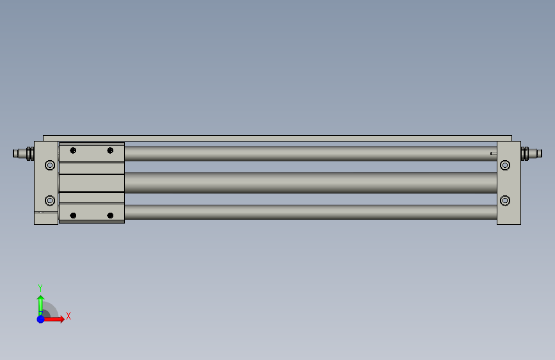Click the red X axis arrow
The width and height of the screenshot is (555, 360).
(x=56, y=319)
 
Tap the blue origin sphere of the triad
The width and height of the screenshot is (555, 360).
(x=40, y=319)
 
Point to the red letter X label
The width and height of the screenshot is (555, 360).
(x=68, y=316)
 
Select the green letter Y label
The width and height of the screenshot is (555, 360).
(x=40, y=288)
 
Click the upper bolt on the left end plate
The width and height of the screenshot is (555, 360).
(x=50, y=165)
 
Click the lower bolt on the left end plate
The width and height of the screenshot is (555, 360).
(x=50, y=200)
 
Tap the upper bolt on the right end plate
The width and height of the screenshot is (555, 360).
(x=505, y=165)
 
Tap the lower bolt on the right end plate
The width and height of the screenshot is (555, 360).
(x=505, y=200)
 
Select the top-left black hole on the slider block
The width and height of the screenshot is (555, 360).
(x=73, y=151)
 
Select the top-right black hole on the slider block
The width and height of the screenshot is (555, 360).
(x=110, y=151)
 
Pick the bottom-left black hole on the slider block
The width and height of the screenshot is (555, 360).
(x=73, y=215)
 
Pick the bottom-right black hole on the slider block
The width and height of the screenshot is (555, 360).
(x=110, y=215)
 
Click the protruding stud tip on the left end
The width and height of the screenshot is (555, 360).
(x=16, y=153)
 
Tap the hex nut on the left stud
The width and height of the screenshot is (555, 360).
(x=29, y=153)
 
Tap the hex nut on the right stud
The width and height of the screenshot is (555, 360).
(x=526, y=153)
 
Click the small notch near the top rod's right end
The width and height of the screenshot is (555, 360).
(x=492, y=153)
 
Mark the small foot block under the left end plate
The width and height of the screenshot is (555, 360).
(x=46, y=218)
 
